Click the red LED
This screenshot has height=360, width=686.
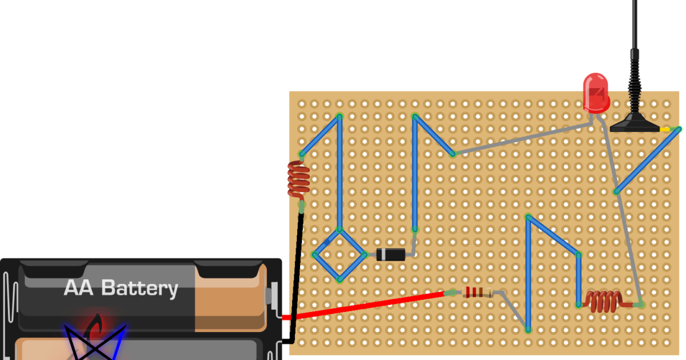pyautogui.click(x=595, y=93)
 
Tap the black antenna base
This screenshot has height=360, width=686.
pyautogui.click(x=635, y=123)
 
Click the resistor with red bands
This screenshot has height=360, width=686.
pyautogui.click(x=478, y=293)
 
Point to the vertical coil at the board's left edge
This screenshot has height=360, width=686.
pyautogui.click(x=298, y=179)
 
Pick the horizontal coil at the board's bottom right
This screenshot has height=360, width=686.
pyautogui.click(x=604, y=301)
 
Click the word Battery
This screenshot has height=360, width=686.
pyautogui.click(x=139, y=289)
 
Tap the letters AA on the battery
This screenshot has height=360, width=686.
pyautogui.click(x=79, y=288)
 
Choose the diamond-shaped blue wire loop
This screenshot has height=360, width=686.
pyautogui.click(x=340, y=255)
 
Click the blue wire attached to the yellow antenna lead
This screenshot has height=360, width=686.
pyautogui.click(x=647, y=161)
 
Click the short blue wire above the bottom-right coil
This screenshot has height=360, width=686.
pyautogui.click(x=579, y=279)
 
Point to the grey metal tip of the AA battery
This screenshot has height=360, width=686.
pyautogui.click(x=274, y=295)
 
